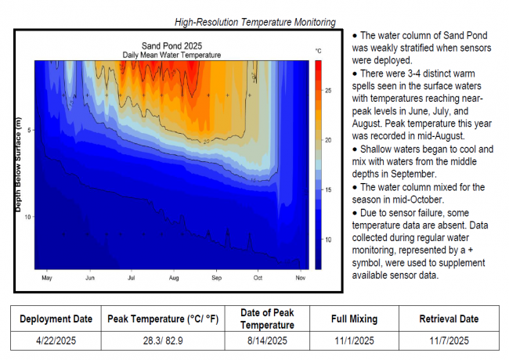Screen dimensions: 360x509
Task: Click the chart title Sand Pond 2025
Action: [171, 46]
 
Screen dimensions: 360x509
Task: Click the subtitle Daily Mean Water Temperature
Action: [171, 55]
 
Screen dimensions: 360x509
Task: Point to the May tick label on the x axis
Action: [46, 278]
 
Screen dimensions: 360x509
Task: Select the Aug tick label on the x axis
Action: [174, 278]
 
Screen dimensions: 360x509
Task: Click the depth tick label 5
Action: [28, 130]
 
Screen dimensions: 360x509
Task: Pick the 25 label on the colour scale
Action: [330, 92]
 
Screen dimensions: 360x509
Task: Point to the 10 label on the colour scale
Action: [330, 239]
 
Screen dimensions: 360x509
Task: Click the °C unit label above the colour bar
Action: [319, 50]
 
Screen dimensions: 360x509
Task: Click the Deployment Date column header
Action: [55, 319]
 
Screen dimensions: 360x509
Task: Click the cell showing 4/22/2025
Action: [55, 340]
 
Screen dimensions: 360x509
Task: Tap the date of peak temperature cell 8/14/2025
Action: [254, 340]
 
